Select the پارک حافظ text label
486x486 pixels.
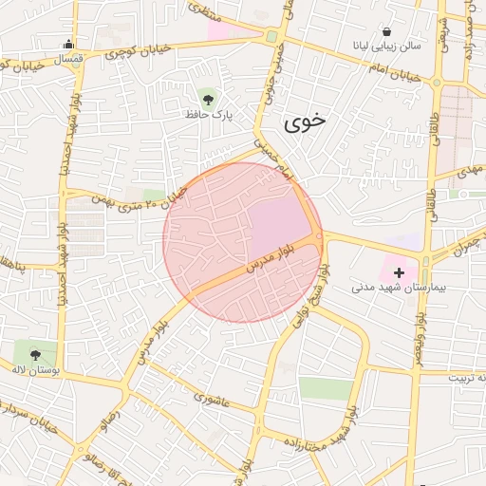208,114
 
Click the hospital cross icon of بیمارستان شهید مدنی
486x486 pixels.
398,272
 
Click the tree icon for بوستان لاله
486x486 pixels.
36,355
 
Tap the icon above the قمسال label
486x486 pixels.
68,44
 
